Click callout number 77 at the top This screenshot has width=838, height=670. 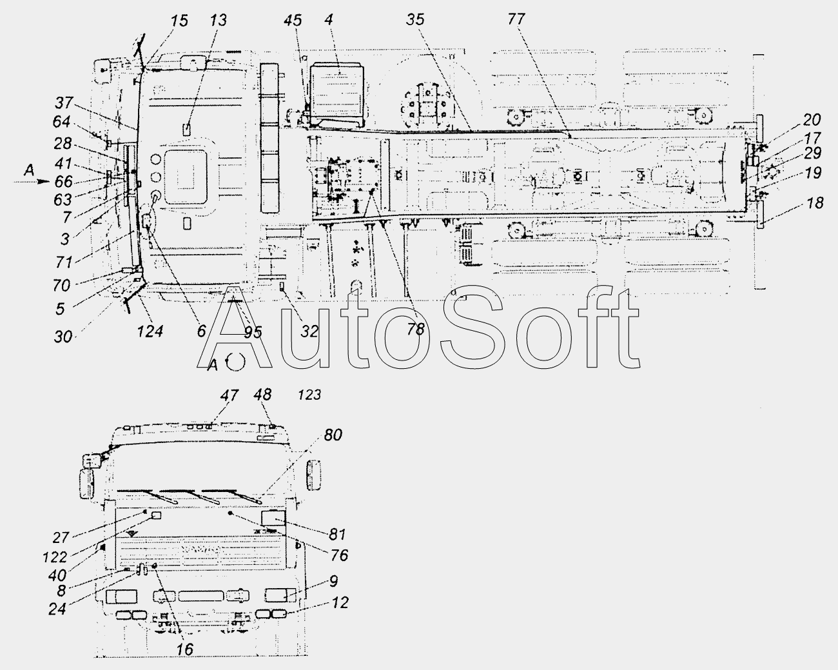(x=516, y=19)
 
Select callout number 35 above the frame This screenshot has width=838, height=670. (x=415, y=19)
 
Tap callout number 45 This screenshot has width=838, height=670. (x=293, y=20)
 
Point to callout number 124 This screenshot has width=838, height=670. (x=150, y=331)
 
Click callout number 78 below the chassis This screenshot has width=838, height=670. (x=415, y=330)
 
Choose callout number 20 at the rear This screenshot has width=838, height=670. (x=812, y=120)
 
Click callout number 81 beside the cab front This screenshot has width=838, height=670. (x=337, y=535)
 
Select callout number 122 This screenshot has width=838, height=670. (x=55, y=557)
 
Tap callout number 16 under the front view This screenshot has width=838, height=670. (x=184, y=649)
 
